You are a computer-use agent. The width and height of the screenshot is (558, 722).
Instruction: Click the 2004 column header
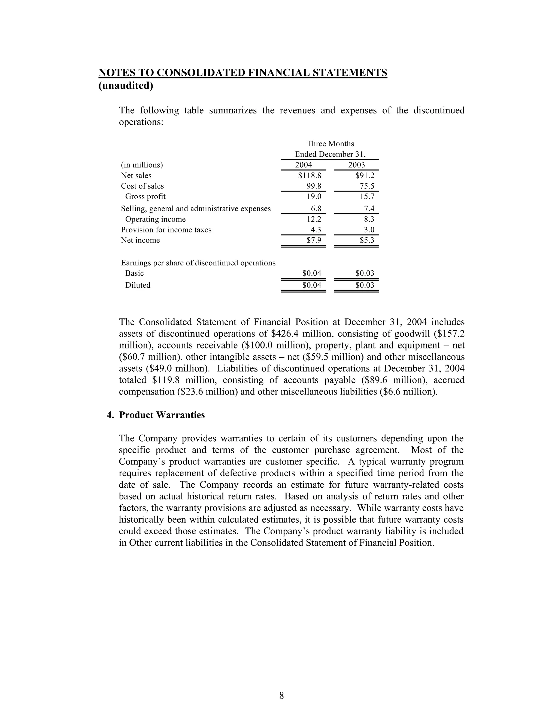(303, 165)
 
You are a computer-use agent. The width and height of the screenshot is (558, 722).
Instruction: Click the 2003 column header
(356, 165)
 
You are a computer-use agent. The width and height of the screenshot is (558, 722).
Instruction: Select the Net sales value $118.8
(310, 175)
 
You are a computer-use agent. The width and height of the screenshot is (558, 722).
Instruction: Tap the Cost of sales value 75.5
(367, 186)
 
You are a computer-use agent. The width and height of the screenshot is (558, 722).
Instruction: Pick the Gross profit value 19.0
(314, 197)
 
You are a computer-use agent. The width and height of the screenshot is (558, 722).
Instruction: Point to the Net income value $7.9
(314, 240)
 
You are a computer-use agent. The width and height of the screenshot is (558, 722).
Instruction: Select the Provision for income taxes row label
(166, 230)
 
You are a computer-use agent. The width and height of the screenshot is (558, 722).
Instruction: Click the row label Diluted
(138, 285)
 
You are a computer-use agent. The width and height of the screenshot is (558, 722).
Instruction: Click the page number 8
(281, 696)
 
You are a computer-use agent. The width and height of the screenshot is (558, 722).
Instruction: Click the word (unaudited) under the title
(126, 86)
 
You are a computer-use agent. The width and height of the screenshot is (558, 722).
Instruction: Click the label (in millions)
(142, 165)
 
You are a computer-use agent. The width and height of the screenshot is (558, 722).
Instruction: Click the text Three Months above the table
(330, 144)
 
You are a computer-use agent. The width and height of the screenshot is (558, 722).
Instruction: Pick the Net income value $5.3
(367, 240)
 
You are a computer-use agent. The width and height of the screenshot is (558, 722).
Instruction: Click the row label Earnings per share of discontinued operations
(198, 263)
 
